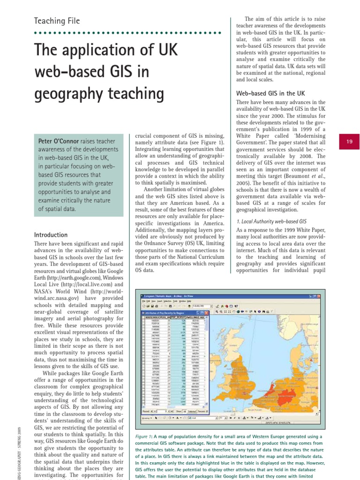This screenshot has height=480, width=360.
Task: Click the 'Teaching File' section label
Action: pyautogui.click(x=57, y=21)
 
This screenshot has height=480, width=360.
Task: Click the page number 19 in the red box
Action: pyautogui.click(x=349, y=142)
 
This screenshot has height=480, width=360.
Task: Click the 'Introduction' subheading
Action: pyautogui.click(x=51, y=235)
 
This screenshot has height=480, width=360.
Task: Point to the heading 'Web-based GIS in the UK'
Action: pyautogui.click(x=270, y=93)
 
